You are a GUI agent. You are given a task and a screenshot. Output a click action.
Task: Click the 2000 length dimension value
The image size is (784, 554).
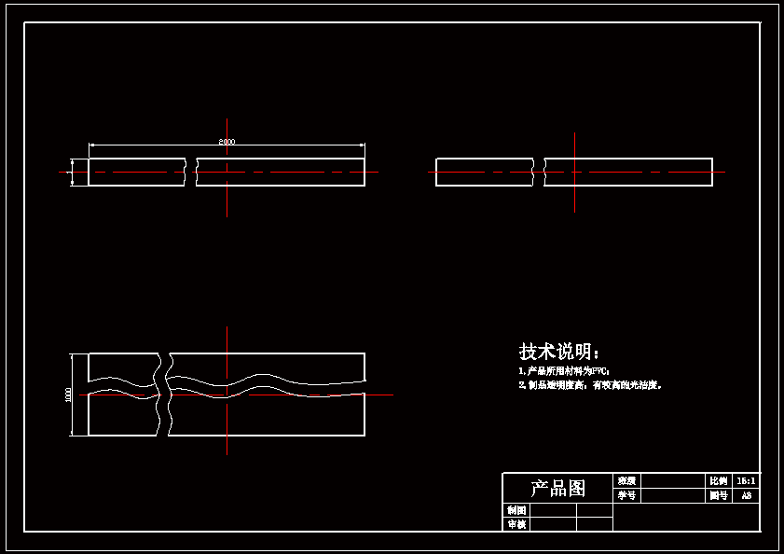[x=227, y=142]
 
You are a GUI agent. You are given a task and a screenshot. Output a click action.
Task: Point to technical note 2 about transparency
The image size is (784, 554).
[x=589, y=384]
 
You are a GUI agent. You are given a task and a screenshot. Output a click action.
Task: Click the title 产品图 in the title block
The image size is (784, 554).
[x=557, y=488]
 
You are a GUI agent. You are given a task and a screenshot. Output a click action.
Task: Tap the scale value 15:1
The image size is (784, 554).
[x=747, y=480]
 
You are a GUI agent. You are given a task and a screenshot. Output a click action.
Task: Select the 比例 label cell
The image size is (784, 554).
[x=718, y=480]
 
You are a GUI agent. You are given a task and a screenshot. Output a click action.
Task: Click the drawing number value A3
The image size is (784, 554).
[x=747, y=496]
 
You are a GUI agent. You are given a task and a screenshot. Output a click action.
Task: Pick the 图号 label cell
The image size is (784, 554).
[x=718, y=496]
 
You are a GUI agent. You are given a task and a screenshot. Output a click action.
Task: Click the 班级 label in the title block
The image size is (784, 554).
[x=626, y=480]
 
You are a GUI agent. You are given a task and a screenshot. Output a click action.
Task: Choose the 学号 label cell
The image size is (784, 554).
[x=626, y=496]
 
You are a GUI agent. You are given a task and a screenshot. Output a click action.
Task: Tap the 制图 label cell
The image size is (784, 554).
[x=516, y=510]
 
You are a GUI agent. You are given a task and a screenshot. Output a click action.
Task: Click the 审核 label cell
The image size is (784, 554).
[x=516, y=524]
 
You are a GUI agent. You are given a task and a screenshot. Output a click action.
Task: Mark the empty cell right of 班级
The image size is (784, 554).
[x=672, y=480]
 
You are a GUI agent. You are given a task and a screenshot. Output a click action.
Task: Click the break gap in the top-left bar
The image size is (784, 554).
[x=191, y=172]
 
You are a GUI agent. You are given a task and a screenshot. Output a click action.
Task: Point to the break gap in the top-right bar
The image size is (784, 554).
[x=539, y=172]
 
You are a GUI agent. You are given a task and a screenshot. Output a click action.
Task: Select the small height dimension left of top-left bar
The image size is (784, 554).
[x=72, y=172]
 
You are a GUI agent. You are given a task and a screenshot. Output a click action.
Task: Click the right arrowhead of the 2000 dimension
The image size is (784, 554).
[x=361, y=145]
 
